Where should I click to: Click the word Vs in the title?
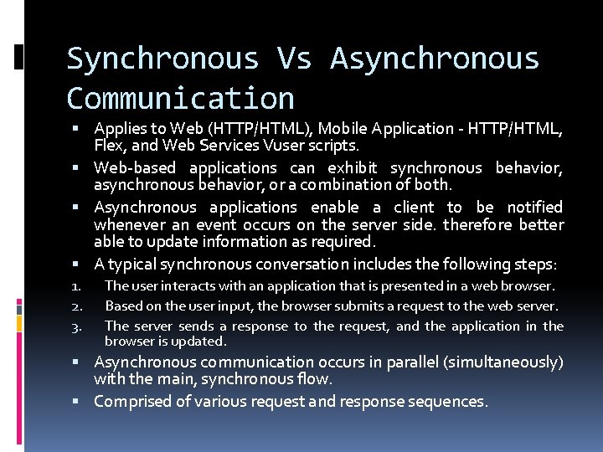pyautogui.click(x=294, y=59)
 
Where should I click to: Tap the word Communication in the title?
pyautogui.click(x=180, y=98)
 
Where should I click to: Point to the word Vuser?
pyautogui.click(x=265, y=145)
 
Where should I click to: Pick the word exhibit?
pyautogui.click(x=355, y=167)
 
